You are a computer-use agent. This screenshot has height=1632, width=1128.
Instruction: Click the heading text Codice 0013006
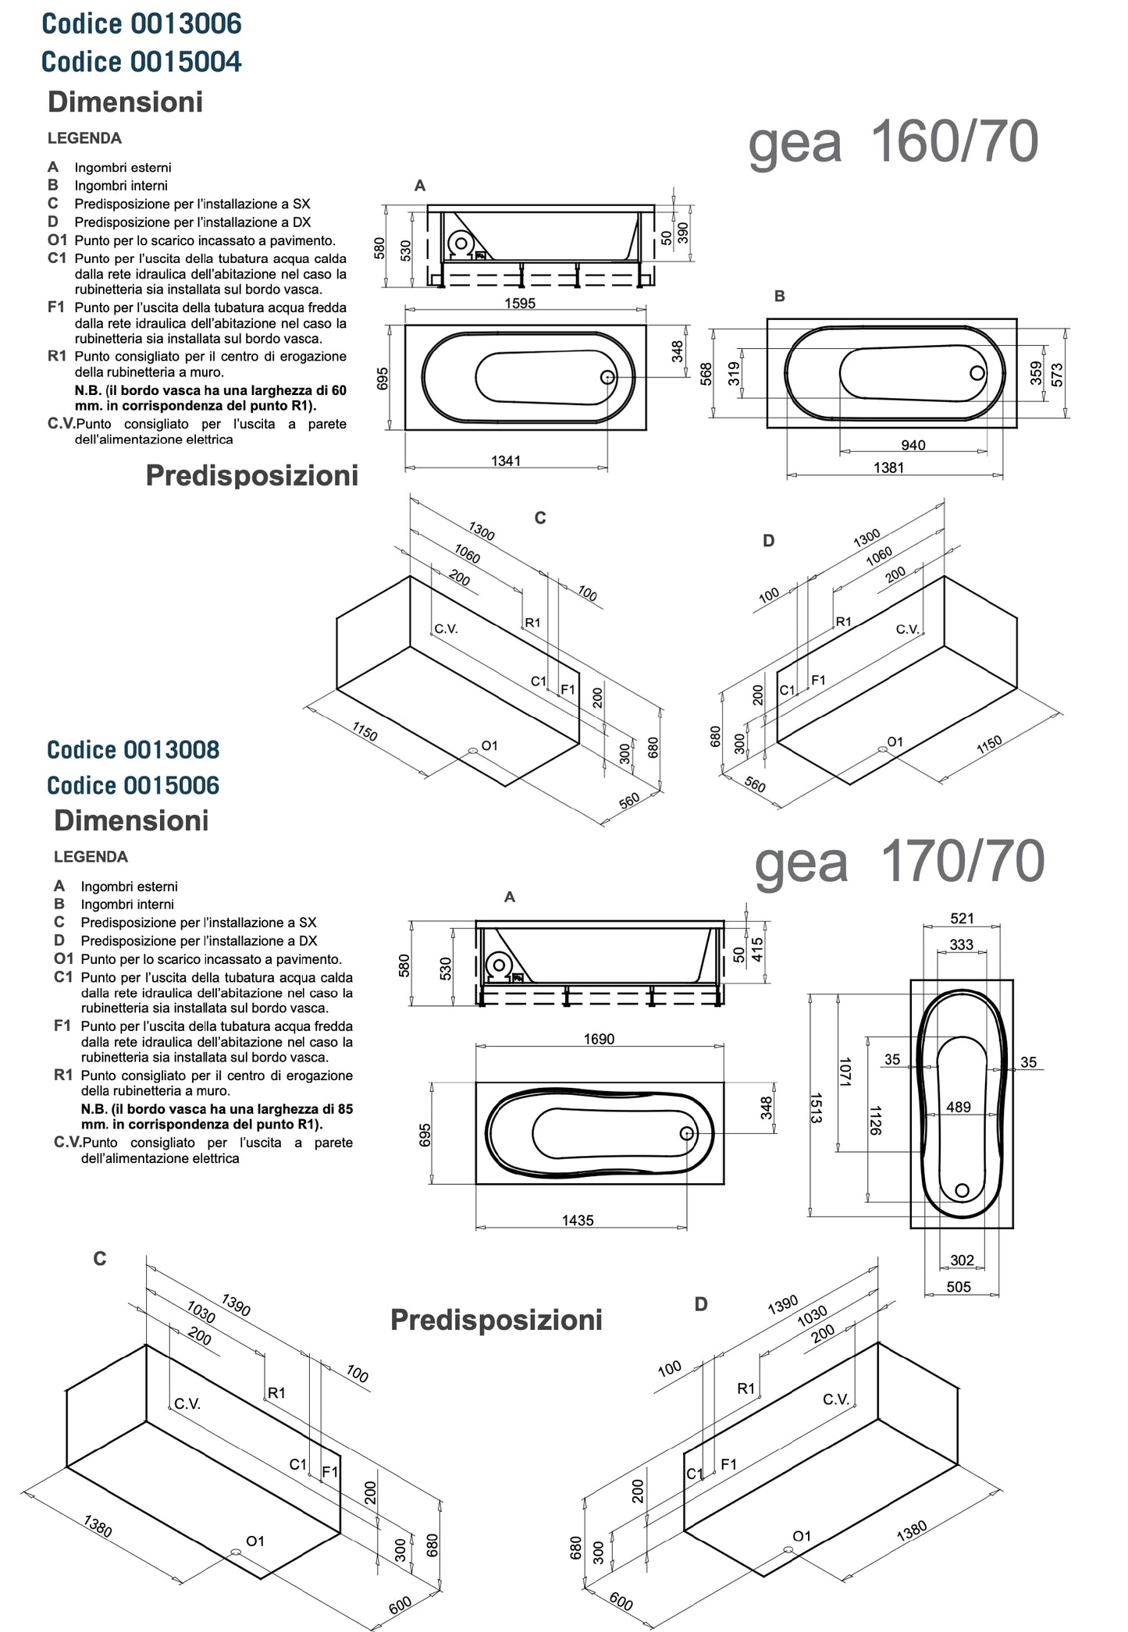pyautogui.click(x=141, y=24)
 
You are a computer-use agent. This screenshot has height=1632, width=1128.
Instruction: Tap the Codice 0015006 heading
pyautogui.click(x=133, y=785)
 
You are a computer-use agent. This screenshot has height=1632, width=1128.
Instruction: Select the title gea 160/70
pyautogui.click(x=893, y=143)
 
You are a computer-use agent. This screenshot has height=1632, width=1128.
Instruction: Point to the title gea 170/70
pyautogui.click(x=899, y=862)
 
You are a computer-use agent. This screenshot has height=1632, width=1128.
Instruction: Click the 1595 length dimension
pyautogui.click(x=520, y=304)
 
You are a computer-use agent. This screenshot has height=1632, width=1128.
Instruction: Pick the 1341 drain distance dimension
pyautogui.click(x=506, y=461)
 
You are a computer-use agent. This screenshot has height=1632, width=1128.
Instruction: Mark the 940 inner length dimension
pyautogui.click(x=913, y=446)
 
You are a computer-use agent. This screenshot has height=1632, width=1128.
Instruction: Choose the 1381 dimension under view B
pyautogui.click(x=888, y=468)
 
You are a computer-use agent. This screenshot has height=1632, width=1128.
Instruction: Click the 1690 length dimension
pyautogui.click(x=599, y=1040)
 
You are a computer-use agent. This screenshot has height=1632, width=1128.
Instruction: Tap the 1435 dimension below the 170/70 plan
pyautogui.click(x=578, y=1221)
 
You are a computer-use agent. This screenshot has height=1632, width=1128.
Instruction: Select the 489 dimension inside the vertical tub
pyautogui.click(x=959, y=1108)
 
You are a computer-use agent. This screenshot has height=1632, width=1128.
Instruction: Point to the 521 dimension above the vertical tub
pyautogui.click(x=962, y=919)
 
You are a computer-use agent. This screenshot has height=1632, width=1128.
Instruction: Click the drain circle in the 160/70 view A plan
pyautogui.click(x=607, y=377)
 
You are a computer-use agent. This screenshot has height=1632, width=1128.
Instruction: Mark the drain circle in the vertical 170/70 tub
pyautogui.click(x=963, y=1190)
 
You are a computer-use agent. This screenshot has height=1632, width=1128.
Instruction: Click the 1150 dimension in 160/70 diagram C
pyautogui.click(x=365, y=732)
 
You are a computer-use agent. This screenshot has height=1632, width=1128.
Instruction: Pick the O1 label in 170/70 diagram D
pyautogui.click(x=802, y=1536)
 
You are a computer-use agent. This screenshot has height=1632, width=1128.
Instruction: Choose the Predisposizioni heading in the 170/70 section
pyautogui.click(x=496, y=1320)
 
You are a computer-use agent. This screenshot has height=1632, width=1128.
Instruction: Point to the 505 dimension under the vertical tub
pyautogui.click(x=959, y=1287)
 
